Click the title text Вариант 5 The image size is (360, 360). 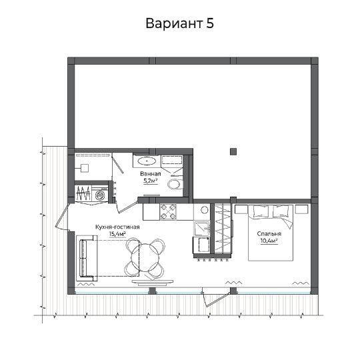[x=179, y=23]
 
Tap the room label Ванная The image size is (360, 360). [x=151, y=174]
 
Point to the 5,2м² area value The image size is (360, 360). [x=151, y=181]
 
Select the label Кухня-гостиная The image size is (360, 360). [x=117, y=227]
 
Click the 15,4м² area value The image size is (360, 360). [x=117, y=234]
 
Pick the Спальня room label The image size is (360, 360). [x=269, y=234]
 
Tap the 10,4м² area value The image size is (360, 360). [x=269, y=241]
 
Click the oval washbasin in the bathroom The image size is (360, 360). [x=147, y=161]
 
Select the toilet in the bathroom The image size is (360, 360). [x=175, y=184]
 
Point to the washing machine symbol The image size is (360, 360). [x=100, y=195]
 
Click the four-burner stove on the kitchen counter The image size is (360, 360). [x=168, y=212]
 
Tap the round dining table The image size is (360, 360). [x=145, y=257]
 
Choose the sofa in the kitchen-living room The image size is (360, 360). [x=87, y=258]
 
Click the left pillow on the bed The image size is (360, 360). [x=261, y=211]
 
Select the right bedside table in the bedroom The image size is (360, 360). [x=301, y=209]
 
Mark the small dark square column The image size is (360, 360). [x=233, y=152]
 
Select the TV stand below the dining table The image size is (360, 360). [x=152, y=282]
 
